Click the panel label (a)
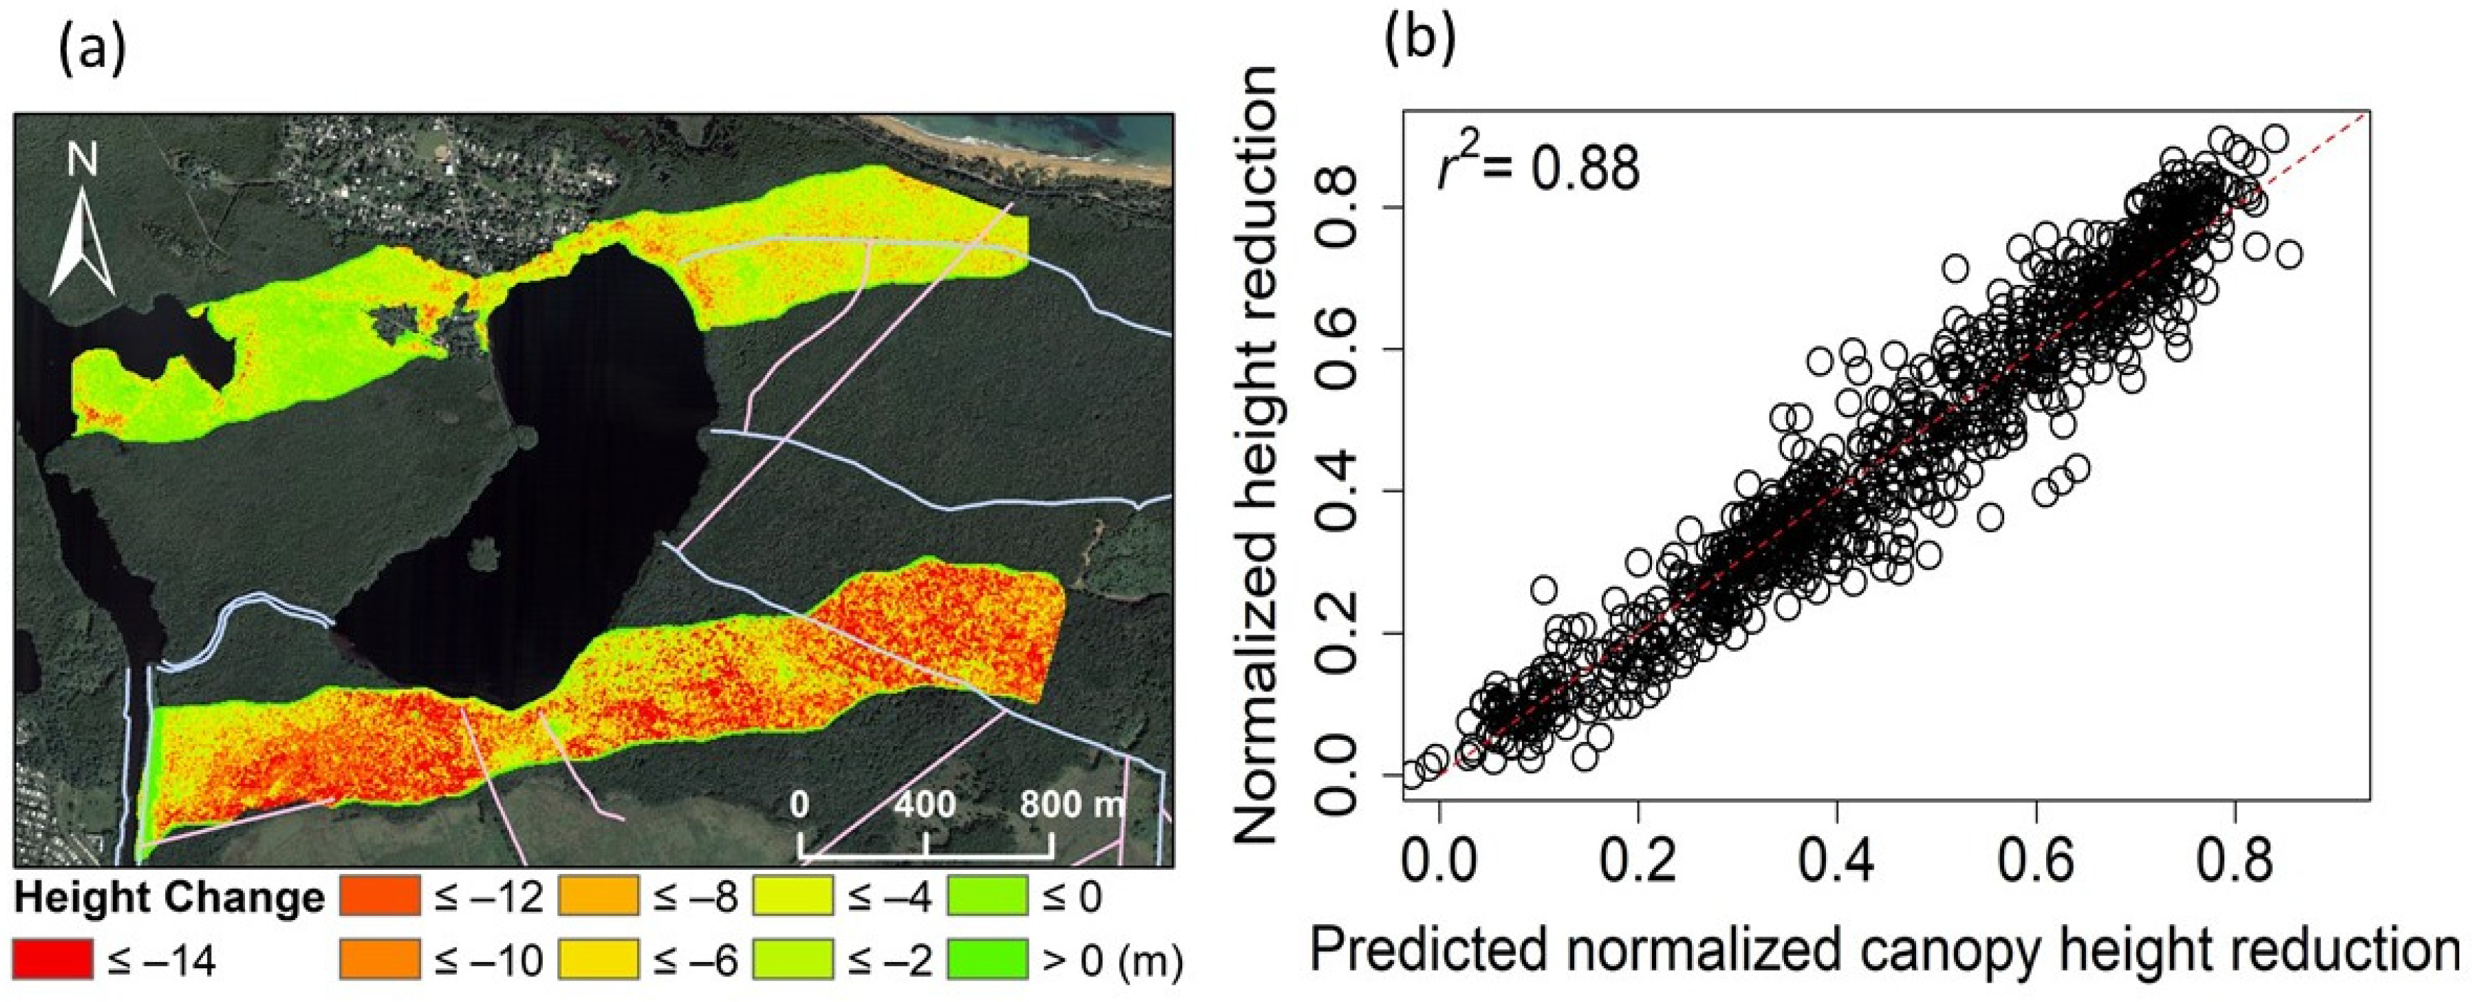tap(92, 50)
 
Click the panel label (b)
tap(1421, 39)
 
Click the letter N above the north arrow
tap(82, 159)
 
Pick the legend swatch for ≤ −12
tap(380, 896)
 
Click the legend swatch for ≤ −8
tap(598, 896)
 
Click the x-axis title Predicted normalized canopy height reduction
tap(1884, 950)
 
